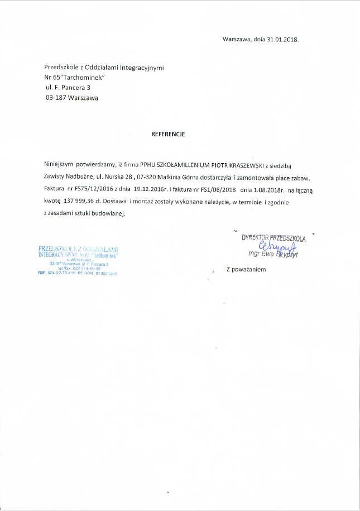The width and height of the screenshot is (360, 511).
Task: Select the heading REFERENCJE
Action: (x=168, y=135)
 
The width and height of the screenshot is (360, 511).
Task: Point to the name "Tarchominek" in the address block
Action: (x=81, y=77)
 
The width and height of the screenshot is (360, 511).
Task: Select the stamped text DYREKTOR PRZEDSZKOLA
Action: (x=273, y=237)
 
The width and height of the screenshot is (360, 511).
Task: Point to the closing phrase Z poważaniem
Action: (x=246, y=269)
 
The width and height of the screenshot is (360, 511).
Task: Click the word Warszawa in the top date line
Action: (x=235, y=40)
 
